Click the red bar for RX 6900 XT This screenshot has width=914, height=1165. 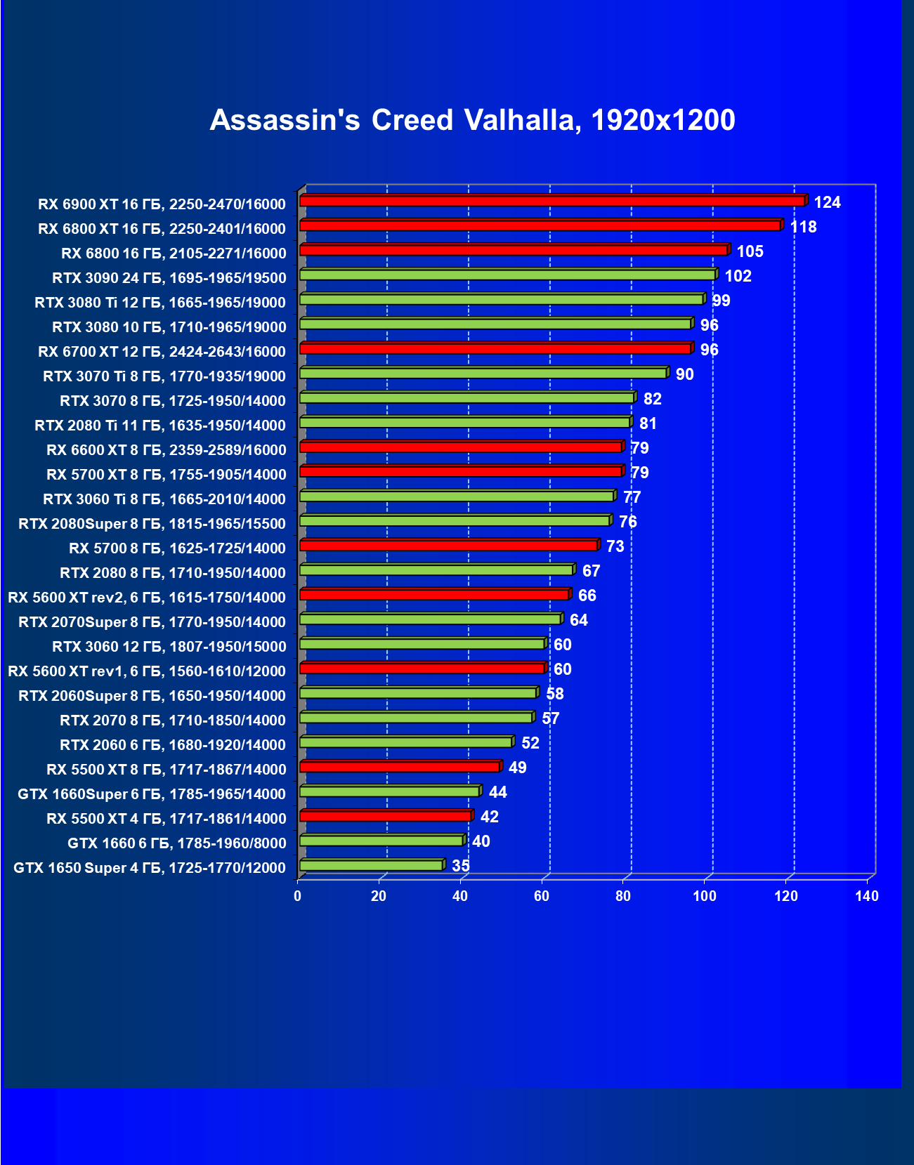[551, 202]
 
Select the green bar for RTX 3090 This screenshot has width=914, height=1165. [507, 275]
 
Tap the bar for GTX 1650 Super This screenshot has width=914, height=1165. [371, 865]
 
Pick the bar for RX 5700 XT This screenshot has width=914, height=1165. [460, 472]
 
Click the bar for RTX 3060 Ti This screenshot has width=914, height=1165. [457, 496]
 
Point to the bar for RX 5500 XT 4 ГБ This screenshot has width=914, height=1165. [385, 816]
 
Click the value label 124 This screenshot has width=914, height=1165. [827, 203]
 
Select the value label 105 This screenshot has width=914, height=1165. [750, 252]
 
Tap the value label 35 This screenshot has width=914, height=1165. [460, 866]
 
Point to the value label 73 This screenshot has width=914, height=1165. [615, 546]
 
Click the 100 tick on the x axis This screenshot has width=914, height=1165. [705, 896]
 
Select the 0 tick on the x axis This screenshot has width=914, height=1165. [298, 896]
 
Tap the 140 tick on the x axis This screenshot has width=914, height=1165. [867, 896]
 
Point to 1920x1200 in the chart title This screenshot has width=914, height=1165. [663, 121]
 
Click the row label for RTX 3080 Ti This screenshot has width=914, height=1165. [160, 303]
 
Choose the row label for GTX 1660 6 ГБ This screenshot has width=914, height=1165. [176, 843]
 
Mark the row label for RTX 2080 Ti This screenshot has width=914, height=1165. [160, 426]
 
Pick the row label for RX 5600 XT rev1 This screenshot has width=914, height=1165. [147, 671]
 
